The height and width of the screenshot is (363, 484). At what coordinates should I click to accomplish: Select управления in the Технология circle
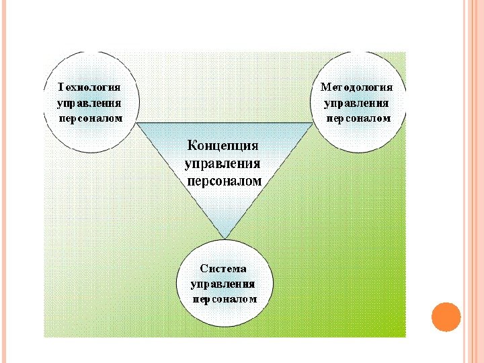[x=89, y=103]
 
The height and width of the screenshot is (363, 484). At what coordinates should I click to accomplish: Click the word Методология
[x=357, y=87]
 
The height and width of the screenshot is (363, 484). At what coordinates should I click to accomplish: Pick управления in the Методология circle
[x=357, y=103]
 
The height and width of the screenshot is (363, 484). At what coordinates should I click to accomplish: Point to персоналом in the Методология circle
[x=358, y=118]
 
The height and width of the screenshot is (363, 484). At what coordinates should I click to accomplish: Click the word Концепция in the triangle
[x=223, y=146]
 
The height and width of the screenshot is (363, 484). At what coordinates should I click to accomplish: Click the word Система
[x=223, y=269]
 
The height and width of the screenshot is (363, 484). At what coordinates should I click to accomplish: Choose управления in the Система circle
[x=223, y=284]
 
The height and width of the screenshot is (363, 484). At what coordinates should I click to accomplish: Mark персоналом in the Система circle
[x=224, y=300]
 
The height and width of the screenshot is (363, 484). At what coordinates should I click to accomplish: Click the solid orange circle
[x=446, y=316]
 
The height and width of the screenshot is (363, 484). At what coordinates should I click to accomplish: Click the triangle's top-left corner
[x=137, y=123]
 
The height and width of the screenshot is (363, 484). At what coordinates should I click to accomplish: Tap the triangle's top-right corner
[x=313, y=123]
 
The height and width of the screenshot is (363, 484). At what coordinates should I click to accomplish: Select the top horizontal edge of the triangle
[x=225, y=123]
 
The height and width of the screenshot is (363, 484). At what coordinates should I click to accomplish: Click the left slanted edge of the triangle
[x=180, y=180]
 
